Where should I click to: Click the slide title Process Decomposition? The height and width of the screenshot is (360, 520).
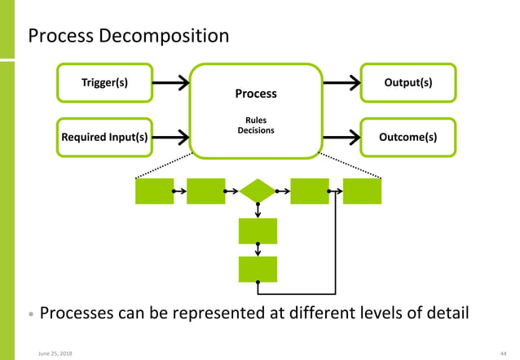(129, 37)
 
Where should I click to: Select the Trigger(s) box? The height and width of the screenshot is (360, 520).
(104, 83)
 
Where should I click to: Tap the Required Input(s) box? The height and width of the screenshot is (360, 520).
(104, 137)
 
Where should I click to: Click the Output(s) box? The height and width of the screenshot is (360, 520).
(408, 83)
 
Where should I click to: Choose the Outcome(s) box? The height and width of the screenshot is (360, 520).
(408, 137)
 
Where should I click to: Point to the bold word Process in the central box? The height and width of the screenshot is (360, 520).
(256, 94)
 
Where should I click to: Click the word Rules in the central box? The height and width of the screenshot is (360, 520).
(256, 121)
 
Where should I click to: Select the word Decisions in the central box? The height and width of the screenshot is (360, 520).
(256, 130)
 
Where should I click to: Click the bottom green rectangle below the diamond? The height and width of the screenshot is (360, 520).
(258, 269)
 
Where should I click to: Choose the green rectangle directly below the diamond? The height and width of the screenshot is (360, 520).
(258, 230)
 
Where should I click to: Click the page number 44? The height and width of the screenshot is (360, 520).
(503, 352)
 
